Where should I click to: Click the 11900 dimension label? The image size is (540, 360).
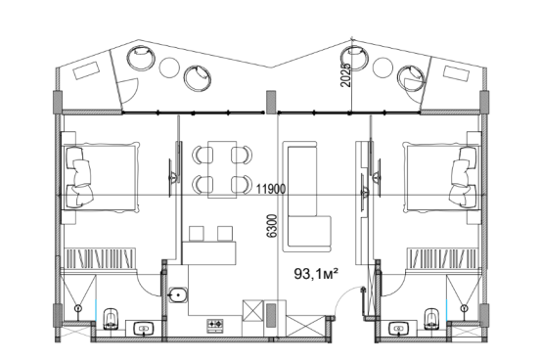pos(271,189)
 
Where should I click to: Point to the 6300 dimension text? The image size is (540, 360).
pos(272,226)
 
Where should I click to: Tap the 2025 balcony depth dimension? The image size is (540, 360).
pos(345,74)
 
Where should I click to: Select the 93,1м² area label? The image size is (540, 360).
pos(316,274)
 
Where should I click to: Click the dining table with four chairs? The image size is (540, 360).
pos(222,169)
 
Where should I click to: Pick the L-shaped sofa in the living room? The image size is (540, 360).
pos(306,197)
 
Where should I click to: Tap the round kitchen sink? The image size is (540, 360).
pos(178,294)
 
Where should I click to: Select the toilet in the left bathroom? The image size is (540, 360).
pos(111,319)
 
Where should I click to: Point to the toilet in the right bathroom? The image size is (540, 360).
pos(430,319)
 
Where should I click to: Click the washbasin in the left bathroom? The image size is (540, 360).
pos(143,329)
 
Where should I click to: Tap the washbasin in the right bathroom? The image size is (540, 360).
pos(398,329)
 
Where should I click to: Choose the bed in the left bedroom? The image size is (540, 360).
pos(101,177)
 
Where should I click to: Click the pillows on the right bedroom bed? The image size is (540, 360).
pos(463,177)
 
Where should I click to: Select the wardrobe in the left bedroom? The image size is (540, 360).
pos(100,258)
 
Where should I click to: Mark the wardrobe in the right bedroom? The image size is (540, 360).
pos(442,258)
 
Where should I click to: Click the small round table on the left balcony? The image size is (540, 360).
pos(169,67)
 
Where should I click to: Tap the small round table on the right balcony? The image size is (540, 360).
pos(382,67)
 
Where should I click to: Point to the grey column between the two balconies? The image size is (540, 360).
pos(271,102)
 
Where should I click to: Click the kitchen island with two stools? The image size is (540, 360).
pos(208,247)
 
